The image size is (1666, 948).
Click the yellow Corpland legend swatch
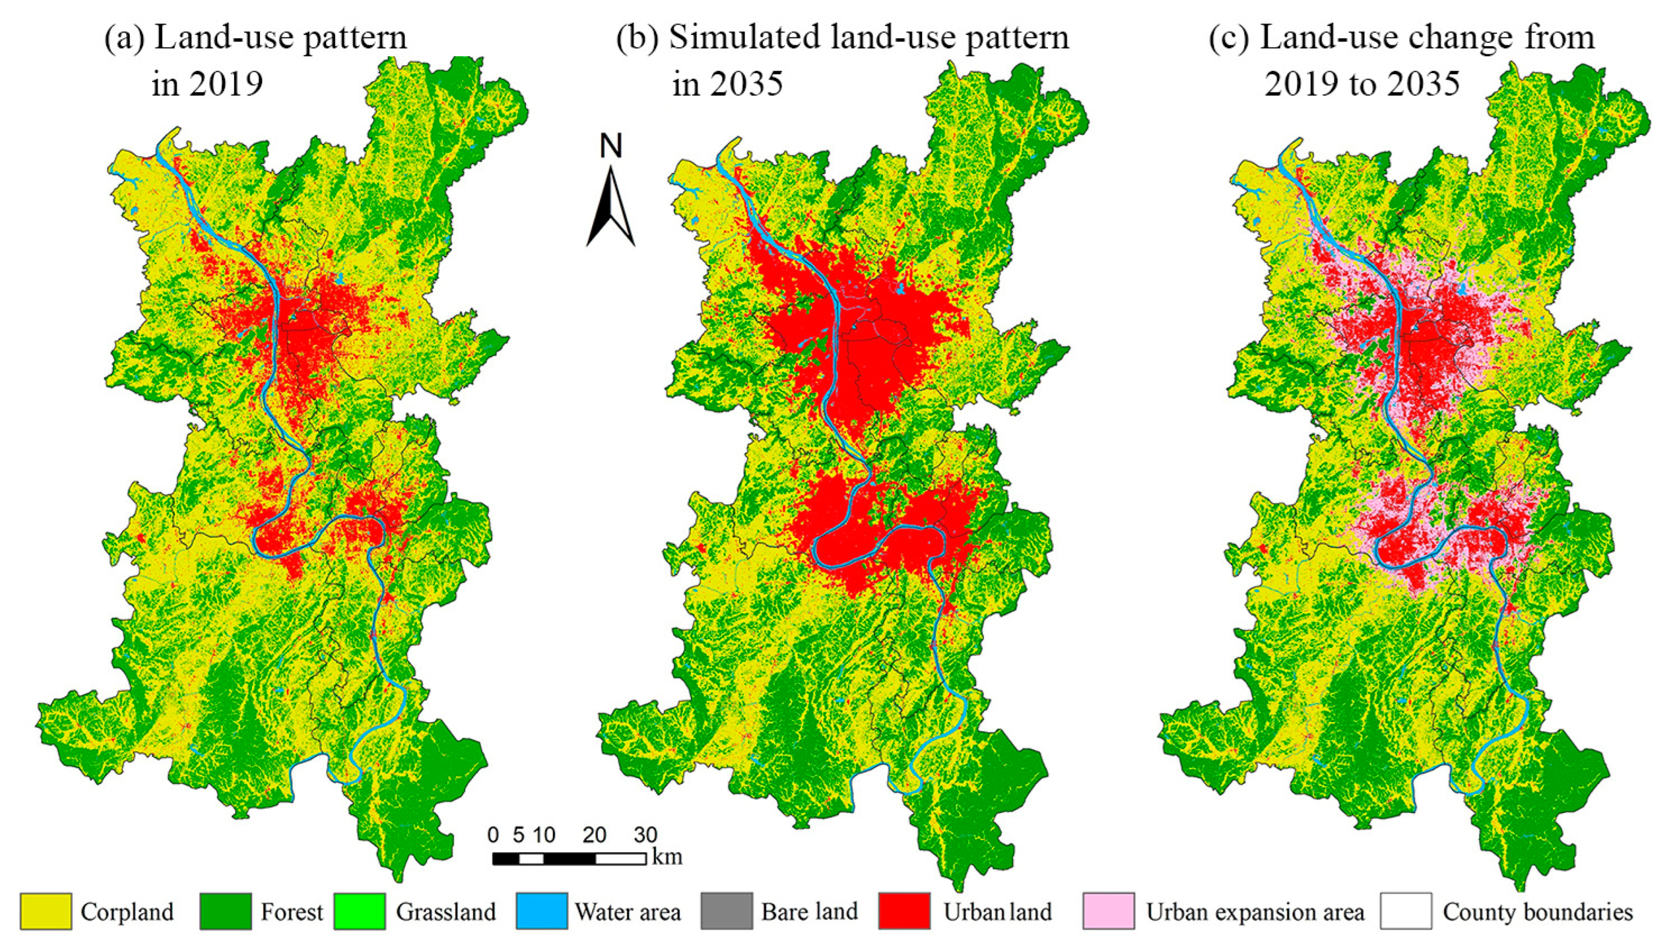pos(45,910)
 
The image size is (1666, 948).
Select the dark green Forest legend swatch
pos(225,910)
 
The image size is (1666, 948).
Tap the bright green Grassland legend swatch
pos(359,910)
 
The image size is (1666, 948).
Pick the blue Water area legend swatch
pos(542,910)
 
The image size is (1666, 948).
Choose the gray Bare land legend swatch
pos(727,910)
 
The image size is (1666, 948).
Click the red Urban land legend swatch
pos(904,910)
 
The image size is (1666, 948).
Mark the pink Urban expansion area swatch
pos(1108,910)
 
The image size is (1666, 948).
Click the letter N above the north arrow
pos(610,147)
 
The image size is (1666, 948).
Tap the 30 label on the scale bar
pos(645,835)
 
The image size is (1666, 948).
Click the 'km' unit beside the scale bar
pos(667,857)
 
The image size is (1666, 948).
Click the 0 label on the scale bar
pos(493,835)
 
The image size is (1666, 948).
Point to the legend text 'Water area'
pos(627,912)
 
